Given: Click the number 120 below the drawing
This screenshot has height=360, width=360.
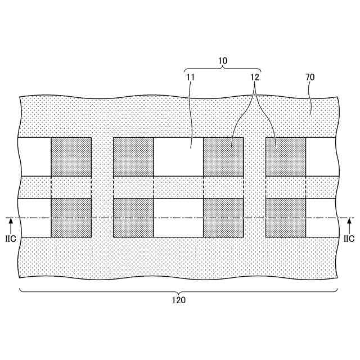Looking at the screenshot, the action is coord(178,300).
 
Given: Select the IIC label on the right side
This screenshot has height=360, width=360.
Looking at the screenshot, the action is coord(349,239).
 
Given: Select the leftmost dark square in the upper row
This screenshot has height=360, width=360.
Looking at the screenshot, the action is coord(71,157).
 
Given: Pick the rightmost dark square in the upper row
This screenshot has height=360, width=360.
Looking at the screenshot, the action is coord(286,157).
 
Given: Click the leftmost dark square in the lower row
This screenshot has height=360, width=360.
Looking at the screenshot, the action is coord(71,218).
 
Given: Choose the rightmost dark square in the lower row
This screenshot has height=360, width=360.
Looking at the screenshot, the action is coord(286,218).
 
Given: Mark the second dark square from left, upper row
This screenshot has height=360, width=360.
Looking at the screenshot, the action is coord(133,157).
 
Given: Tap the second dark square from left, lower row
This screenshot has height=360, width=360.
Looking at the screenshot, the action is coord(133,218).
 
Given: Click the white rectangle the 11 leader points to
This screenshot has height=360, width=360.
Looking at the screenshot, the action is coord(178,157).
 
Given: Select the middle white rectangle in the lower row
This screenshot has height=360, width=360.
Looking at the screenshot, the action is coord(178,218).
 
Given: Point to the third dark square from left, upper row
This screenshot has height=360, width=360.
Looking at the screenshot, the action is coord(223,157).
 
